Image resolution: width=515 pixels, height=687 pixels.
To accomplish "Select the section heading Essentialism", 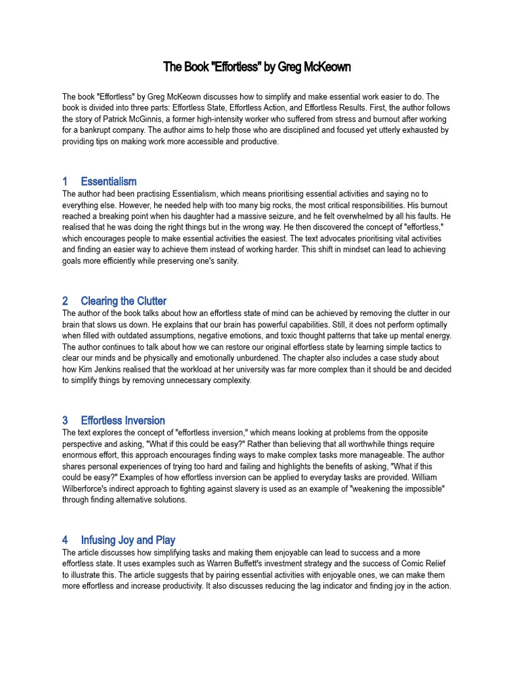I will tap(109, 181).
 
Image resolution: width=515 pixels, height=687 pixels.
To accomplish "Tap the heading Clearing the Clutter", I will tap(123, 301).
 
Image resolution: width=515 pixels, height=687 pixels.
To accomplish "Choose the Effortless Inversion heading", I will tap(123, 421).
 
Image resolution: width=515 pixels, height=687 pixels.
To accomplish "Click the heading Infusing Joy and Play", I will tap(128, 540).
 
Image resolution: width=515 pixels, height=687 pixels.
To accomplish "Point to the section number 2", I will tap(66, 301).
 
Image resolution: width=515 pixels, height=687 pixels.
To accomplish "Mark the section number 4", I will tap(66, 540).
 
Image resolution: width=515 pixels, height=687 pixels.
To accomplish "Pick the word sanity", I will tap(223, 262).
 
